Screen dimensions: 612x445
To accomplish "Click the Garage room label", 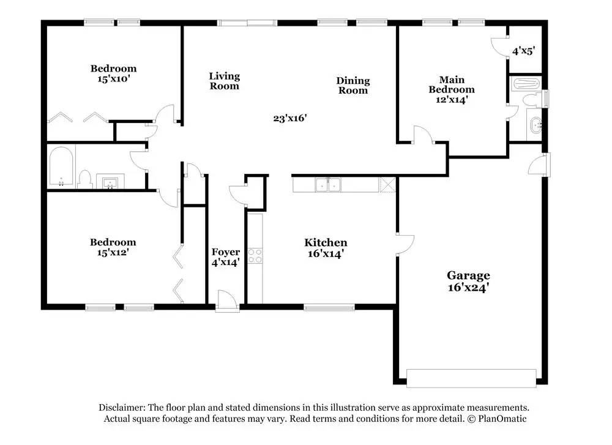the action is pos(468,275).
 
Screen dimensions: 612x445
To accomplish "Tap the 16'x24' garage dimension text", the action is pos(468,288).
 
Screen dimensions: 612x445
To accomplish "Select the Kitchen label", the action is pos(326,242).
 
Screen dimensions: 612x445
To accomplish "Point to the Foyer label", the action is pos(226,252).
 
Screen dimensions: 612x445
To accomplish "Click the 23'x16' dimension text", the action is pos(290,118).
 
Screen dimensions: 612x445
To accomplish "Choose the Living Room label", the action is pos(225,81).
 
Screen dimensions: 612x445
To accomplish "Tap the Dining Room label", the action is pos(353,86).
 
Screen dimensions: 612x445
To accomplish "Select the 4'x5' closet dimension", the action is pos(523,51).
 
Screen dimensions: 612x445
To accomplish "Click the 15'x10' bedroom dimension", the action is pos(114,79).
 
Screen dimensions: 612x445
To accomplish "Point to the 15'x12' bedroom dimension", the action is pos(113,253).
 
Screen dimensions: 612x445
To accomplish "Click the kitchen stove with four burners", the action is pos(255,256).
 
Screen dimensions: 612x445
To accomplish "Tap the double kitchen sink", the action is pos(328,185).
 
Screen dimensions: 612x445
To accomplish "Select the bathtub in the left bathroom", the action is pos(61,166).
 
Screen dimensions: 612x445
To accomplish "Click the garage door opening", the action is pos(471,378).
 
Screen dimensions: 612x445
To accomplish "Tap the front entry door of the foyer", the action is pos(227,301).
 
